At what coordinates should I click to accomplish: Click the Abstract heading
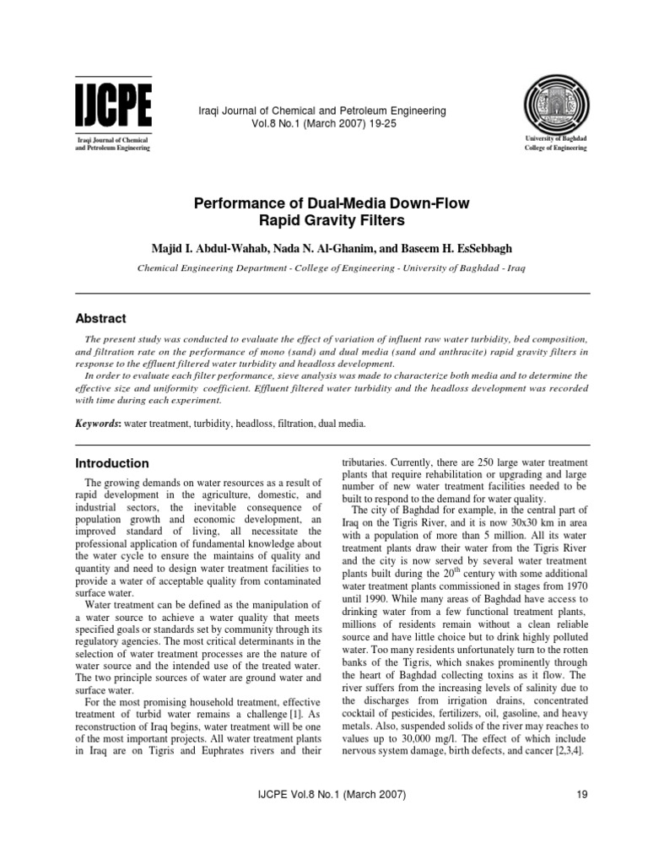point(100,319)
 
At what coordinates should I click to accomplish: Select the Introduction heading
point(112,463)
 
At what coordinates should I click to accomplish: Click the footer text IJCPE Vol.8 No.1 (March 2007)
point(324,793)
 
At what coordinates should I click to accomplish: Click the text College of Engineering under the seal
point(550,148)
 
